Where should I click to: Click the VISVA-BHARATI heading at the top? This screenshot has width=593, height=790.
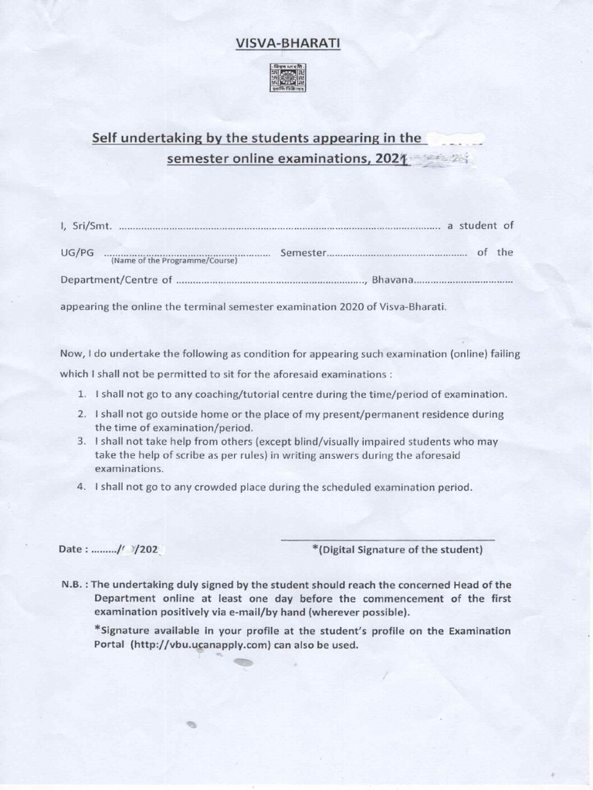pyautogui.click(x=287, y=43)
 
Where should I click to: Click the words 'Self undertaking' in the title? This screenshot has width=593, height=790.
pyautogui.click(x=144, y=138)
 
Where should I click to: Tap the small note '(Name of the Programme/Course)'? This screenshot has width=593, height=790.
pyautogui.click(x=174, y=261)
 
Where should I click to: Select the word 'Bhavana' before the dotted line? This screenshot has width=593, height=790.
pyautogui.click(x=393, y=280)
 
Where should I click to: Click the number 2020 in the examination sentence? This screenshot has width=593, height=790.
pyautogui.click(x=351, y=306)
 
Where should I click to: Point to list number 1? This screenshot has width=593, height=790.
pyautogui.click(x=82, y=394)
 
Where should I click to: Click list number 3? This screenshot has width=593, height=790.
pyautogui.click(x=81, y=441)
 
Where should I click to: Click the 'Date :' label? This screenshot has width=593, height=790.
pyautogui.click(x=74, y=550)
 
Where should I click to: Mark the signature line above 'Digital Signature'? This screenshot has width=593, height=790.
pyautogui.click(x=388, y=539)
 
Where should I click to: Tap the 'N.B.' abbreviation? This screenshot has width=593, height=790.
pyautogui.click(x=73, y=585)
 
